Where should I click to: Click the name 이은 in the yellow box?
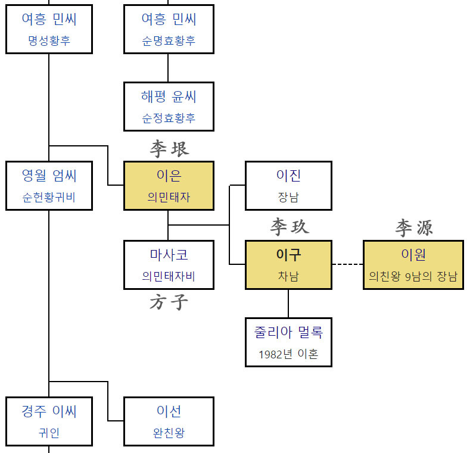click(169, 176)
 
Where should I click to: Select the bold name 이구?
click(289, 255)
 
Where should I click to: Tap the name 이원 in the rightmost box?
click(413, 255)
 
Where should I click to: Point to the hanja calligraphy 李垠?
click(169, 149)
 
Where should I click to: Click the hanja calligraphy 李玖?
click(290, 227)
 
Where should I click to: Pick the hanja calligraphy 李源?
click(413, 227)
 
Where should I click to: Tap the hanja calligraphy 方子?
click(169, 303)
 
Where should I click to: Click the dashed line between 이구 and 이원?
click(347, 264)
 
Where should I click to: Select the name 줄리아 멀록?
click(289, 332)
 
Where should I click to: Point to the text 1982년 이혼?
click(289, 354)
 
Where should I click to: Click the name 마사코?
click(169, 255)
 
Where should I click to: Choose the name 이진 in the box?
click(289, 176)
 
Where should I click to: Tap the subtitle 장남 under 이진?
click(289, 197)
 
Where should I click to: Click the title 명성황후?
click(49, 41)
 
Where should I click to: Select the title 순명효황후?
click(169, 41)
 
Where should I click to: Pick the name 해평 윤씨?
click(169, 96)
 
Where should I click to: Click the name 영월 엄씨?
click(49, 176)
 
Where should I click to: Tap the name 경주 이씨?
click(49, 411)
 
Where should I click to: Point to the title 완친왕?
click(169, 433)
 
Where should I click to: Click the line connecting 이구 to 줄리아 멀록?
click(289, 303)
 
